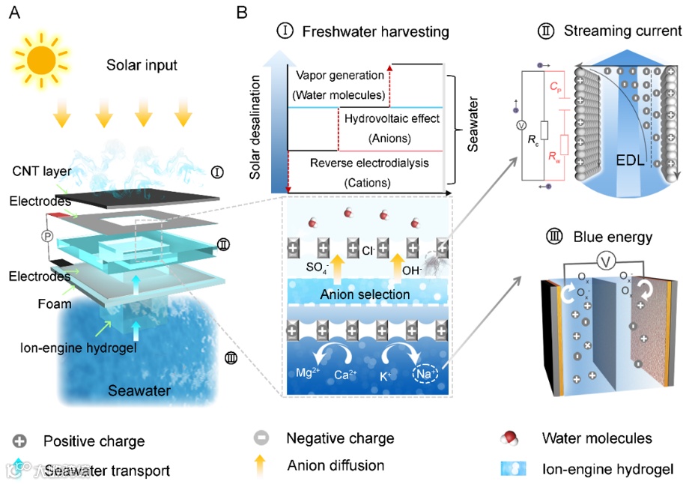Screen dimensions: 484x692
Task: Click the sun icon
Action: tap(40, 56)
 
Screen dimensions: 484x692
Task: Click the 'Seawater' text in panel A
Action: tap(139, 391)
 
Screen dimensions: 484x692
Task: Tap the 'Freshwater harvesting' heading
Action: tap(375, 32)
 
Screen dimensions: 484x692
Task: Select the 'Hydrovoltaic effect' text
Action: tap(392, 118)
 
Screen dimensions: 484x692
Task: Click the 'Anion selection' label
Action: tap(366, 294)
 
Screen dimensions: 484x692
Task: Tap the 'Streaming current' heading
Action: tap(622, 31)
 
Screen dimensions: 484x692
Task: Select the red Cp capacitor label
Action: tap(556, 88)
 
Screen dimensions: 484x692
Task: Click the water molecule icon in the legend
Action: tap(515, 438)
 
